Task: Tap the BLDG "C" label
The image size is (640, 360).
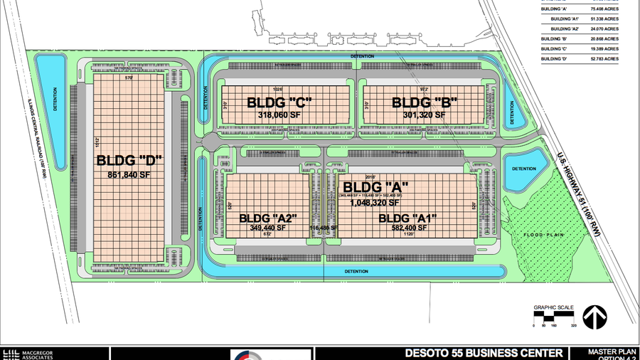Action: (x=280, y=102)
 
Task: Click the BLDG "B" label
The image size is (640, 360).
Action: (x=425, y=102)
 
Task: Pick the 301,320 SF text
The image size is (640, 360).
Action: (x=425, y=114)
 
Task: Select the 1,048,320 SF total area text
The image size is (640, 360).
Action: (x=375, y=202)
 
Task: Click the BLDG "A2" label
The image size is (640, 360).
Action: (x=267, y=218)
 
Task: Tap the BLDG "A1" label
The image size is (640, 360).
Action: (x=407, y=218)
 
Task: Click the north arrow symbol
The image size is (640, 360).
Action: (x=594, y=317)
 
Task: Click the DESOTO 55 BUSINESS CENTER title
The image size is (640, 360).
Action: (x=484, y=354)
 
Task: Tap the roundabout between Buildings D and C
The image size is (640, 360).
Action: (x=210, y=141)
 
